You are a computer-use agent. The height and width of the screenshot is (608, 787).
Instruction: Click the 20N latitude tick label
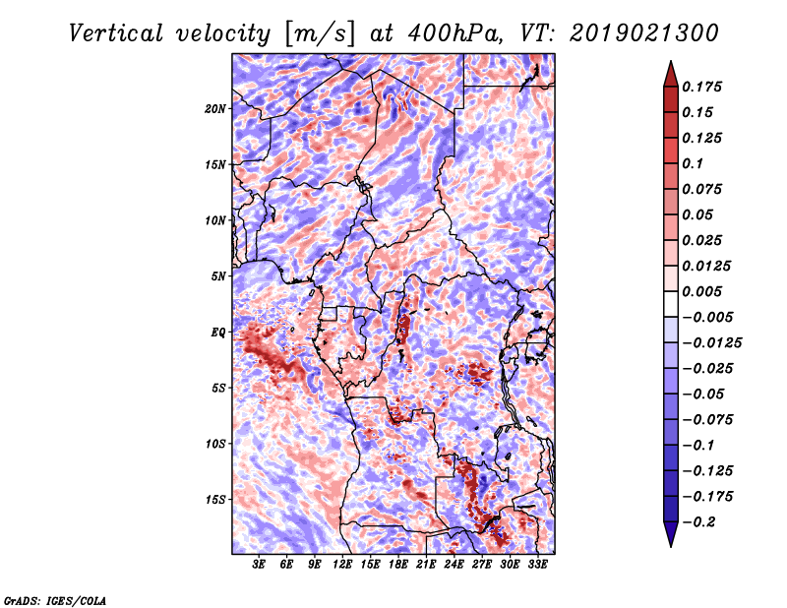[x=214, y=109]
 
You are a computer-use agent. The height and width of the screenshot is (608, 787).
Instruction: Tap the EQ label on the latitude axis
[x=218, y=333]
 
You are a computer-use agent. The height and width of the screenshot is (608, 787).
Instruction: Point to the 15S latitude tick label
[x=214, y=500]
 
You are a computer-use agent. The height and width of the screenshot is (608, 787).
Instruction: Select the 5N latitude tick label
[x=218, y=276]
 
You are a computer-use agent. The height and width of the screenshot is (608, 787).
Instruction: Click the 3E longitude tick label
[x=259, y=565]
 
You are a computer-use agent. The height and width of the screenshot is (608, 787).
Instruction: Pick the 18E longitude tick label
[x=398, y=565]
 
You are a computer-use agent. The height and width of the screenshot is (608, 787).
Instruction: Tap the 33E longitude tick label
[x=537, y=565]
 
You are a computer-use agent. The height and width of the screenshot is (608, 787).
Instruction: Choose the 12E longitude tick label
[x=342, y=565]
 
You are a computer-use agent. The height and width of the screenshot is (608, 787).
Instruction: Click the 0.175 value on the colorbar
[x=701, y=87]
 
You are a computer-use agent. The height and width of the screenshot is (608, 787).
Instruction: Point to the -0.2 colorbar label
[x=698, y=522]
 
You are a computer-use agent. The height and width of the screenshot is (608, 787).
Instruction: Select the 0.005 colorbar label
[x=701, y=291]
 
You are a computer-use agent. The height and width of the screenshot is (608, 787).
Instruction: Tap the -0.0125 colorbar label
[x=712, y=343]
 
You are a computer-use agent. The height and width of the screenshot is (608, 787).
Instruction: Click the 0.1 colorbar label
[x=693, y=163]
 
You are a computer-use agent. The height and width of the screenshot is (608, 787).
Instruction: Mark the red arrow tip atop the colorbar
[x=671, y=61]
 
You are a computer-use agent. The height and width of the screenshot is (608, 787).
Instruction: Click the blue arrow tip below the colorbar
[x=671, y=546]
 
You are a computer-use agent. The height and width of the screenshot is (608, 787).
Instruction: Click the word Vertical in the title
[x=116, y=33]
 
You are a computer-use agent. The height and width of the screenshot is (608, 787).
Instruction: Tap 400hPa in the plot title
[x=454, y=33]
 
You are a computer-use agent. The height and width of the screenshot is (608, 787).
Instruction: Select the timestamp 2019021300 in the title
[x=644, y=33]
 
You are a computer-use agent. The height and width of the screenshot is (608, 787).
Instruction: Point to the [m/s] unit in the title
[x=320, y=34]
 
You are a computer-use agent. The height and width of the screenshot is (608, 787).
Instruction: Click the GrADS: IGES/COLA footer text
[x=55, y=600]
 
